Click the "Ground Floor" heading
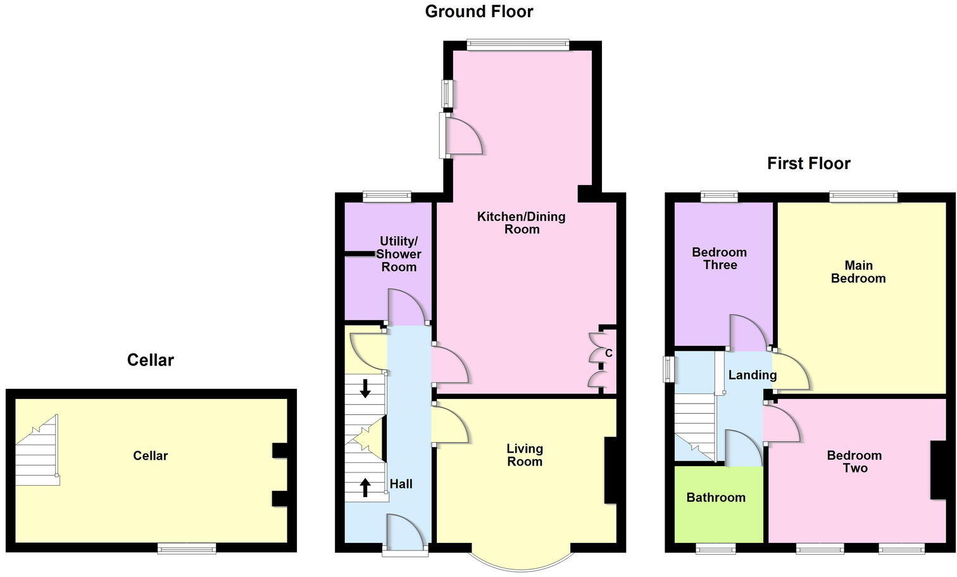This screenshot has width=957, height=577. [478, 11]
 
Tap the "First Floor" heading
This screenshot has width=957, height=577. [808, 163]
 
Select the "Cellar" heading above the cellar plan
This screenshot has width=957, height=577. [150, 360]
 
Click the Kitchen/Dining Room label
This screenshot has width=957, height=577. [521, 223]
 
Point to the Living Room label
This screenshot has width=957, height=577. [524, 455]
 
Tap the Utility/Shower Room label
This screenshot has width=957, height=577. [399, 254]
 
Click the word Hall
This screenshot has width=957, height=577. [401, 484]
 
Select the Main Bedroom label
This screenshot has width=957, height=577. [858, 272]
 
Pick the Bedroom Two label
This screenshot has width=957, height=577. [854, 462]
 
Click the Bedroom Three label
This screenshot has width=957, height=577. [719, 258]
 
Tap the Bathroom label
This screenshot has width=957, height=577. [716, 497]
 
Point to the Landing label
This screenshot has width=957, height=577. [752, 375]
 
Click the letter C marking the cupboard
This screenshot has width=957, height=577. [608, 353]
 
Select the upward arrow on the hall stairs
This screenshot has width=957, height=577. [365, 486]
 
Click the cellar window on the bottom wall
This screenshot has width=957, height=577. [187, 548]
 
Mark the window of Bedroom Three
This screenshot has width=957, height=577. [719, 196]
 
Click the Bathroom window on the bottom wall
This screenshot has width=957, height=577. [715, 548]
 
